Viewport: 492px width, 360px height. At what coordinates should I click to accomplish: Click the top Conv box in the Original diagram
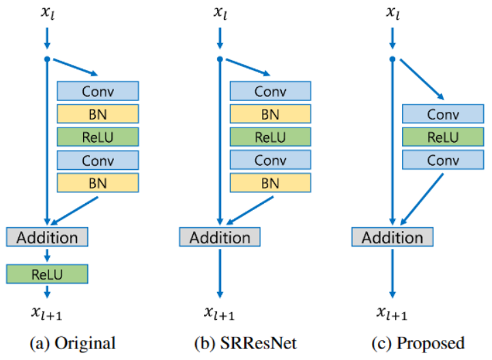98,91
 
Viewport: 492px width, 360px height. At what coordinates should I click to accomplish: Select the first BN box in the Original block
98,114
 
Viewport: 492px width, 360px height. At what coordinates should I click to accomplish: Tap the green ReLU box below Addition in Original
47,274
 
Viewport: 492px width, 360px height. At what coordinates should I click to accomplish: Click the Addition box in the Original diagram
47,237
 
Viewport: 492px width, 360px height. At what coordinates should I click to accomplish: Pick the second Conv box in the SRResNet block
270,160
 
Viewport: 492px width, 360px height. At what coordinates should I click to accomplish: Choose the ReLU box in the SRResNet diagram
270,137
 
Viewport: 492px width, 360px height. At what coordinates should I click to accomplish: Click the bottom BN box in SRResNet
270,183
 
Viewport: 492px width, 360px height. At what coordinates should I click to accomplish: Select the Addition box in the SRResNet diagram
220,237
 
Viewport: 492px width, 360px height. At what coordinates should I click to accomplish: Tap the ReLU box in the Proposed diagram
443,137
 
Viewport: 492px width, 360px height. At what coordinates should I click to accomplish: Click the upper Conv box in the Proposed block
443,114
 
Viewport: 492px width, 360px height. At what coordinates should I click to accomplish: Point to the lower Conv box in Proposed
443,160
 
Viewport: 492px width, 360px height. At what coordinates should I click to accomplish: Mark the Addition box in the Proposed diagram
392,237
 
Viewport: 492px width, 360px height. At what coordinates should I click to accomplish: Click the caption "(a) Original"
72,344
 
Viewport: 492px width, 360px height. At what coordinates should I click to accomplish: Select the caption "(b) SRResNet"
246,344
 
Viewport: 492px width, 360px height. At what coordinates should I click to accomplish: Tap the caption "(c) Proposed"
418,344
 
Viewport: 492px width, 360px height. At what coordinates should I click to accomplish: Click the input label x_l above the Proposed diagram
393,12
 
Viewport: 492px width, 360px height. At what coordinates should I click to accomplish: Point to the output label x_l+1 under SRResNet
219,313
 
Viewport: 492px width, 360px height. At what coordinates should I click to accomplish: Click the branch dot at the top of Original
47,59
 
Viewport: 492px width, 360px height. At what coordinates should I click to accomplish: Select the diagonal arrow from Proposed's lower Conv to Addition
422,200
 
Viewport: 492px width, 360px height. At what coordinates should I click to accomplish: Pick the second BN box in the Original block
98,183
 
